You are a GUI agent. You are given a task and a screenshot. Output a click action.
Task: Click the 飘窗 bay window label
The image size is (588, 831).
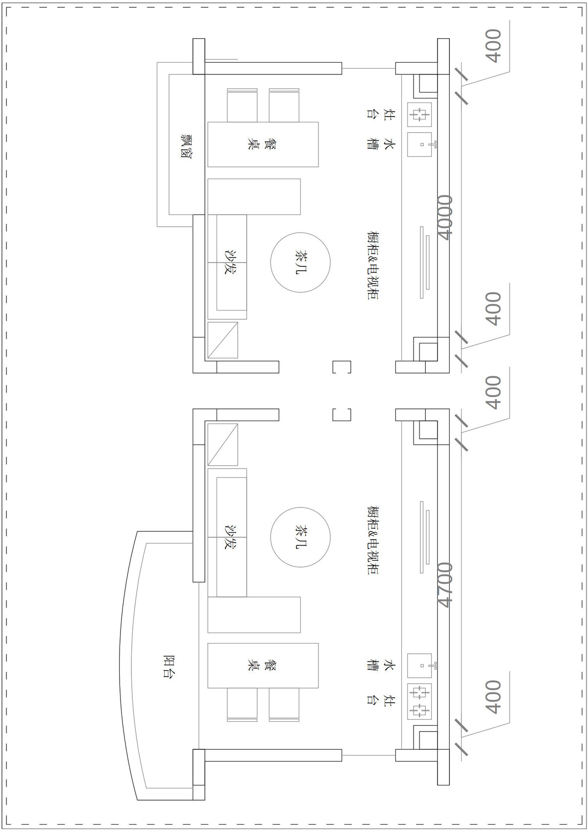coord(186,146)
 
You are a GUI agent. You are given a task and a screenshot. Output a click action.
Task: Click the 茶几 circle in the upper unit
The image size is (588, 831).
coord(300,262)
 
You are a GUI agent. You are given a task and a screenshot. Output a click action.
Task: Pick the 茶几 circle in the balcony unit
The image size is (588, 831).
coord(300,537)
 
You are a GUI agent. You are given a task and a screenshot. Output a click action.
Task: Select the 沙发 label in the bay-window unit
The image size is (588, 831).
coord(230,262)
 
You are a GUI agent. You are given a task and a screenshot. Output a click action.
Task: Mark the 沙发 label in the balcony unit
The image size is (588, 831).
coord(230,537)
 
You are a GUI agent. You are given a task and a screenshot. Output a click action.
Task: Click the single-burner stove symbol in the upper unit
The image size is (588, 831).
coord(419,114)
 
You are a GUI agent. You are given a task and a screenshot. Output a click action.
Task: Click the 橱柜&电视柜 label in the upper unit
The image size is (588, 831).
coord(373,265)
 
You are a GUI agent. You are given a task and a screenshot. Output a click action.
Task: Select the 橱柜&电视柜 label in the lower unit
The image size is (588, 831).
coord(373,540)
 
